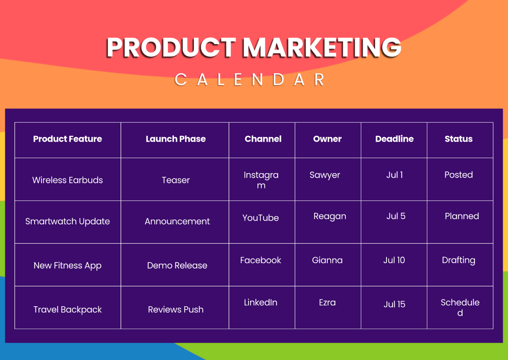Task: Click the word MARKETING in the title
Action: pos(322,47)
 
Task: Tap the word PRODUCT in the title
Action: pos(171,47)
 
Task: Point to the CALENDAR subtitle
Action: pos(249,80)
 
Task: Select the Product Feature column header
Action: pos(68,139)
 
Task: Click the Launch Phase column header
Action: pos(176,139)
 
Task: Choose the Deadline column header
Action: pos(395,139)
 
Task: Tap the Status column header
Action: pos(458,139)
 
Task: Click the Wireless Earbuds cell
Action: pos(68,180)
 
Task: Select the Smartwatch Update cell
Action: pos(68,221)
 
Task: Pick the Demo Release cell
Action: pos(177,265)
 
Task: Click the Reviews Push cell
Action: pos(176,310)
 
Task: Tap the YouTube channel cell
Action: pos(261,218)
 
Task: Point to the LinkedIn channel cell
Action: pos(261,302)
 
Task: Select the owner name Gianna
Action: pos(327,260)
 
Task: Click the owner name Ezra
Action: pos(327,302)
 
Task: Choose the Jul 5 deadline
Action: pos(396,216)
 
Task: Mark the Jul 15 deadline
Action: pos(395,304)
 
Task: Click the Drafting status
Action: pos(458,260)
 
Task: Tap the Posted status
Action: pos(458,175)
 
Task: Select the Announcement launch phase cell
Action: pos(177,221)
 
